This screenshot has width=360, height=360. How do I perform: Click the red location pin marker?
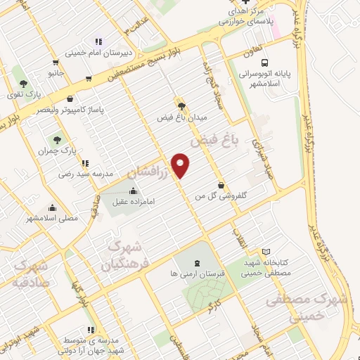[x=181, y=165]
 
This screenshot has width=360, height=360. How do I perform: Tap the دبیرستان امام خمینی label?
[x=96, y=52]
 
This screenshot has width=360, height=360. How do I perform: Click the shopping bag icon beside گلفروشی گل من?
[x=221, y=186]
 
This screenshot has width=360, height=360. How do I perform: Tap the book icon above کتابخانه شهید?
[x=266, y=251]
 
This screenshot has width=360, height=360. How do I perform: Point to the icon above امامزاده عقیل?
[x=133, y=191]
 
